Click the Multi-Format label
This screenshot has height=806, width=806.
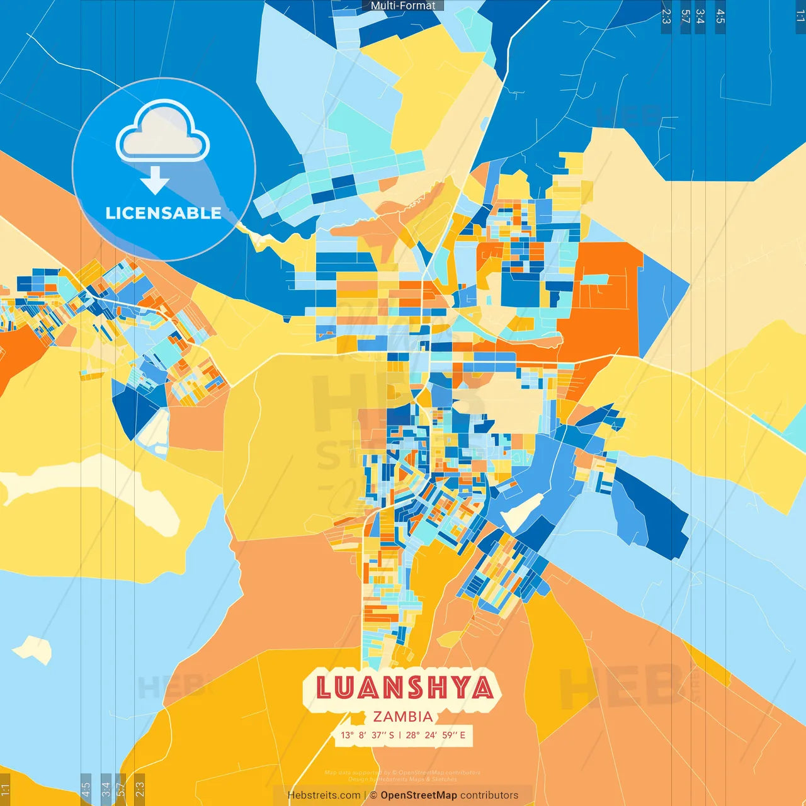click(403, 6)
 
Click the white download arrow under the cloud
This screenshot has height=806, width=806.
click(155, 180)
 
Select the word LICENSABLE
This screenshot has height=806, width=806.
click(164, 213)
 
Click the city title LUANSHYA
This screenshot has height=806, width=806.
click(404, 688)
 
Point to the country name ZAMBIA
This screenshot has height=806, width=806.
click(403, 717)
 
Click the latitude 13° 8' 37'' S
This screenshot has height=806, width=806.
click(367, 735)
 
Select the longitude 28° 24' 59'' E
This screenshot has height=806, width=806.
click(436, 735)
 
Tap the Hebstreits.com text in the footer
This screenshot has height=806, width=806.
click(324, 795)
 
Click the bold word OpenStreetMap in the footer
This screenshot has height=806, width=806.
click(419, 795)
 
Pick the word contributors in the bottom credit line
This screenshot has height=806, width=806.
click(489, 795)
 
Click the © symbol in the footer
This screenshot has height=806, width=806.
click(373, 795)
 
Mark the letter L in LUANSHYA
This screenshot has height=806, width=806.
click(323, 688)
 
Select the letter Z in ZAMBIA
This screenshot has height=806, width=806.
click(378, 717)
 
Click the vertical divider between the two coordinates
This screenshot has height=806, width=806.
click(400, 735)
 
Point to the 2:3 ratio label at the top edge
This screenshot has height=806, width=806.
click(666, 16)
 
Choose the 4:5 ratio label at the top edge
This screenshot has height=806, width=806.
click(720, 16)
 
